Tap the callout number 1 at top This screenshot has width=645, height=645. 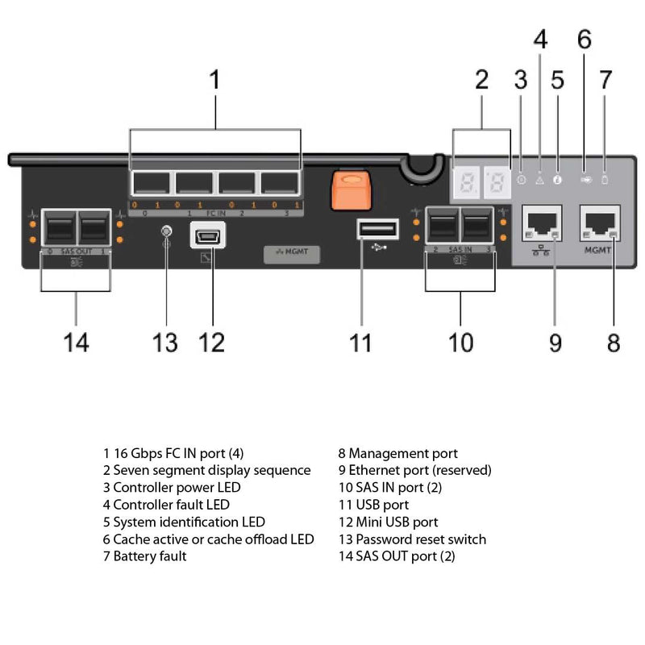pyautogui.click(x=214, y=81)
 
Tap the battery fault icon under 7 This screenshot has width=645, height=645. pyautogui.click(x=605, y=180)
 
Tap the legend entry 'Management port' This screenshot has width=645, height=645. pyautogui.click(x=397, y=453)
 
